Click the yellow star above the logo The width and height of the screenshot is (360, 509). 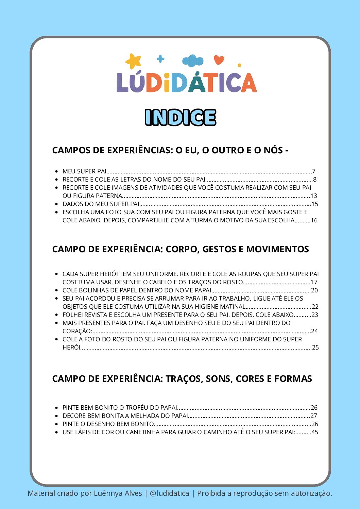pyautogui.click(x=133, y=61)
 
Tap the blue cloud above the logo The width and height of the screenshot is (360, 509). pyautogui.click(x=193, y=61)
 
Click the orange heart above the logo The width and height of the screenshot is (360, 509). pyautogui.click(x=219, y=60)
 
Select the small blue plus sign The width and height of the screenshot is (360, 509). pyautogui.click(x=160, y=59)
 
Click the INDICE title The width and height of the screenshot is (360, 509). pyautogui.click(x=180, y=118)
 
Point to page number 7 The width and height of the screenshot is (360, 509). pyautogui.click(x=314, y=171)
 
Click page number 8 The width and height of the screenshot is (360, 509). pyautogui.click(x=315, y=179)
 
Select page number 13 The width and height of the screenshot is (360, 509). pyautogui.click(x=314, y=196)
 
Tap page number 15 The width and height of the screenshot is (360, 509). pyautogui.click(x=315, y=204)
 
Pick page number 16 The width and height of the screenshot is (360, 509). pyautogui.click(x=314, y=220)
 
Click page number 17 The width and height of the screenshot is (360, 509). pyautogui.click(x=314, y=282)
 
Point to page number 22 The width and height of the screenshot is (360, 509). pyautogui.click(x=315, y=306)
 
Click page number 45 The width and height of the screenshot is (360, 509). pyautogui.click(x=315, y=432)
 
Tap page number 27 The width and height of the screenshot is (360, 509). pyautogui.click(x=314, y=415)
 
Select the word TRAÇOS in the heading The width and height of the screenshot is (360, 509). pyautogui.click(x=184, y=379)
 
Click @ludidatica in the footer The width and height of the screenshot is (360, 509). pyautogui.click(x=169, y=493)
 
